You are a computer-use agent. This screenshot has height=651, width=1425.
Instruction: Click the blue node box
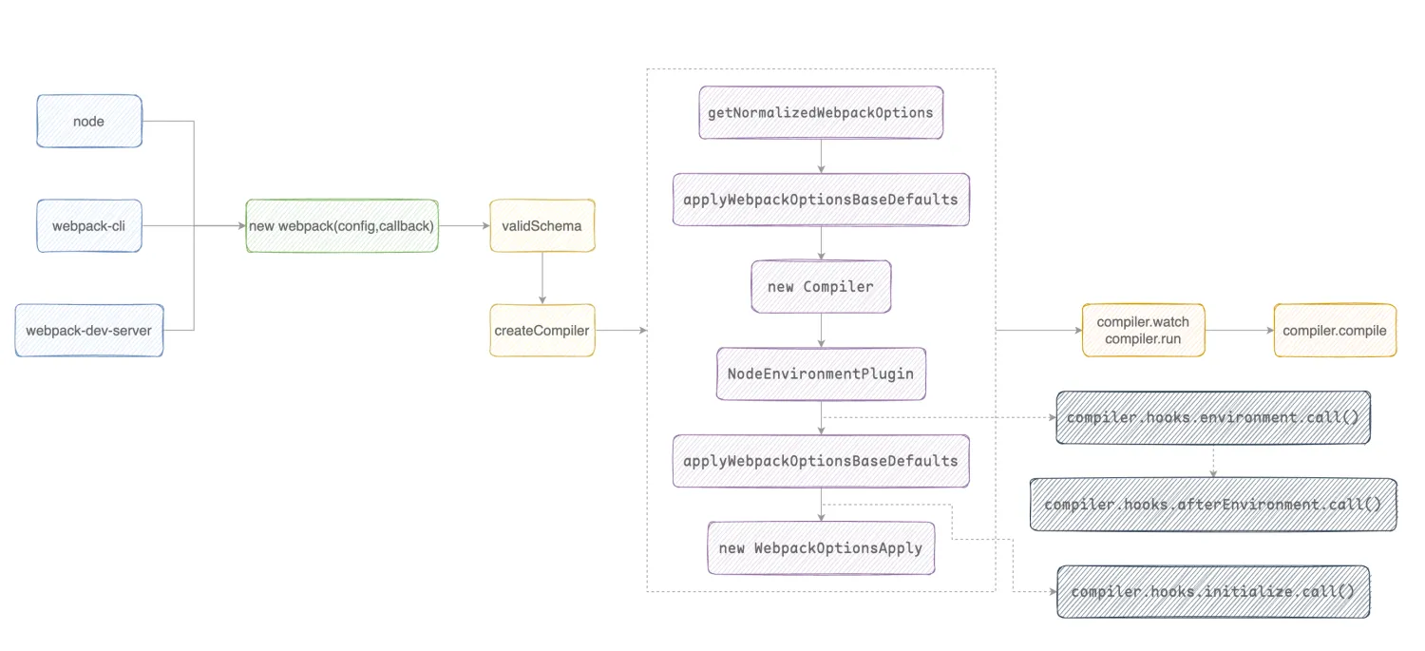coord(89,121)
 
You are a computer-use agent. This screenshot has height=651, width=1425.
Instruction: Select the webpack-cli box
coord(89,226)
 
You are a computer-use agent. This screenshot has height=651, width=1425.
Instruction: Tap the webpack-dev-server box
coord(89,331)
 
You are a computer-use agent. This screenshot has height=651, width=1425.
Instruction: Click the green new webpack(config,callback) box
coord(342,226)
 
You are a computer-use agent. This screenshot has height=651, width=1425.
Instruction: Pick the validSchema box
coord(541,226)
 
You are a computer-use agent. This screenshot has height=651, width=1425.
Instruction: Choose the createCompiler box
coord(541,331)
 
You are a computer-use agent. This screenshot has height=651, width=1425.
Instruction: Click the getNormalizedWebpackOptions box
coord(821,113)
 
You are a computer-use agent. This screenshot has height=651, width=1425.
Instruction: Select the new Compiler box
coord(821,286)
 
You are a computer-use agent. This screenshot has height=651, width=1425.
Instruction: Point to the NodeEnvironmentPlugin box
coord(821,373)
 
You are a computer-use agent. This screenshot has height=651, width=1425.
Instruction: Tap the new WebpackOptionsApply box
coord(821,548)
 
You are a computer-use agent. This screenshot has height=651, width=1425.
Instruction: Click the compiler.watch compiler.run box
coord(1143,331)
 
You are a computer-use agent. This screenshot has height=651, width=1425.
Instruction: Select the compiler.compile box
coord(1335,331)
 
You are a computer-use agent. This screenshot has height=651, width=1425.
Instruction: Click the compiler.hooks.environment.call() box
coord(1213,417)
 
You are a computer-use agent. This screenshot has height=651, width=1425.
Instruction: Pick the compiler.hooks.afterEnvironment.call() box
coord(1213,505)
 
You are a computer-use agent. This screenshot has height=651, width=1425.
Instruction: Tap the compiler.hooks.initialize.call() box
coord(1213,591)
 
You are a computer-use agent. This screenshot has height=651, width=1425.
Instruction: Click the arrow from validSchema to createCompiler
coord(541,278)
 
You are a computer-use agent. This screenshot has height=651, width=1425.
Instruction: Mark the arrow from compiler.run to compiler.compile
coord(1239,331)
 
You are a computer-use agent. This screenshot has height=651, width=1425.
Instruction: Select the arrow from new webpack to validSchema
coord(464,226)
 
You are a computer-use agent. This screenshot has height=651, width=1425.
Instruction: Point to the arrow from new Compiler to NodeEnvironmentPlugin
coord(821,330)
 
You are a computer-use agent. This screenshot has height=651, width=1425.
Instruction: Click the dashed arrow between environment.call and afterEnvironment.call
coord(1213,461)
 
